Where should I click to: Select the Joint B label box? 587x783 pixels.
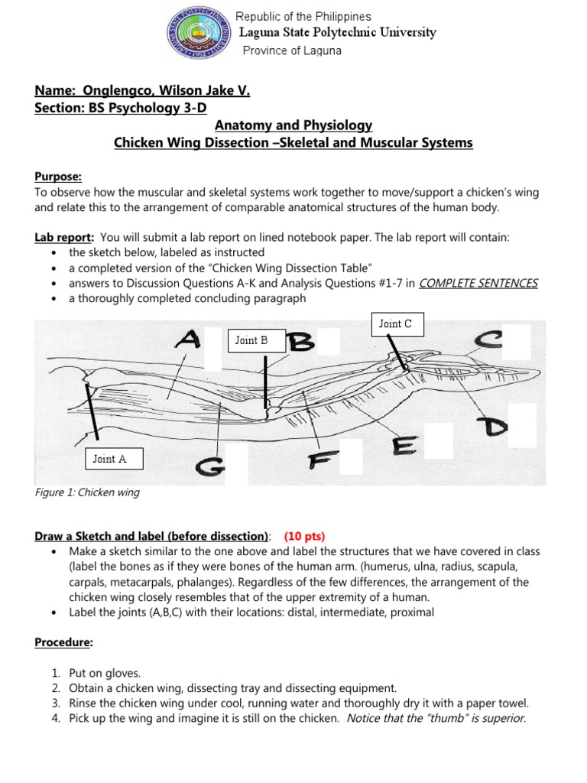point(257,340)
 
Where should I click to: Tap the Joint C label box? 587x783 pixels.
point(395,323)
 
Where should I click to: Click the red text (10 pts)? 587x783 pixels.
point(310,535)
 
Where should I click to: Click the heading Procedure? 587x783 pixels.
point(63,643)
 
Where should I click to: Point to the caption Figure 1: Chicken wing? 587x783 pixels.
point(88,492)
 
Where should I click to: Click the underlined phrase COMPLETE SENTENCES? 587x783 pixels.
point(478,283)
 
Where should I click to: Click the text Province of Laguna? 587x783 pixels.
point(291,50)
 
